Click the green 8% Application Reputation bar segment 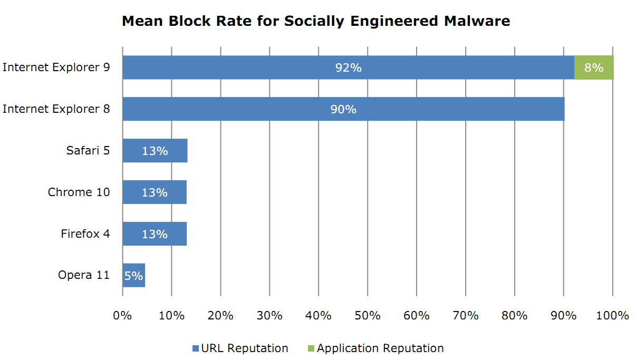pos(594,67)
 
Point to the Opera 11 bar pos(133,276)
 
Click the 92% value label pos(349,68)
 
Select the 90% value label pos(343,110)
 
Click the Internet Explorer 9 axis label pos(56,67)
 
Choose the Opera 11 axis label pos(84,275)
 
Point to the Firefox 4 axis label pos(85,233)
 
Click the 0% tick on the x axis pos(122,316)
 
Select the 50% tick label pos(368,316)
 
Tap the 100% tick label pos(613,316)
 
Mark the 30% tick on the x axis pos(269,316)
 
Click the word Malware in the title pos(476,21)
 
